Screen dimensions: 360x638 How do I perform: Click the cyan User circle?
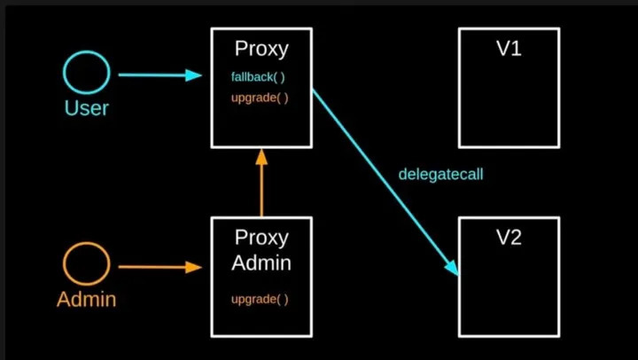(x=87, y=73)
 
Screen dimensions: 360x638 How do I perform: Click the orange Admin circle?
(x=87, y=264)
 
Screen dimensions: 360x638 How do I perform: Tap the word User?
(x=87, y=108)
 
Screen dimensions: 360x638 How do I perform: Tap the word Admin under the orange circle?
(x=87, y=300)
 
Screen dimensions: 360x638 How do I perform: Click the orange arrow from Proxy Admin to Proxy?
(x=261, y=186)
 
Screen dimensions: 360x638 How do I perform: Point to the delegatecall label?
(x=440, y=174)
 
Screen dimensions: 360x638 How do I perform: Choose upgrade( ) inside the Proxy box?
(x=260, y=98)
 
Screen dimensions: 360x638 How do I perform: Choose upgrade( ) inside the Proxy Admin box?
(x=260, y=300)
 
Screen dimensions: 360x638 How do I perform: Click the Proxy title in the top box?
(x=261, y=49)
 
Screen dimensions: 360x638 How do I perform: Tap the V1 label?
(x=508, y=49)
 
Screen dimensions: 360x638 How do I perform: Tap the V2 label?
(x=508, y=238)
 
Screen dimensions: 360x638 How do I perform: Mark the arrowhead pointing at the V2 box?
(x=451, y=266)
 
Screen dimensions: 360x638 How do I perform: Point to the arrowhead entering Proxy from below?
(x=261, y=157)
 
